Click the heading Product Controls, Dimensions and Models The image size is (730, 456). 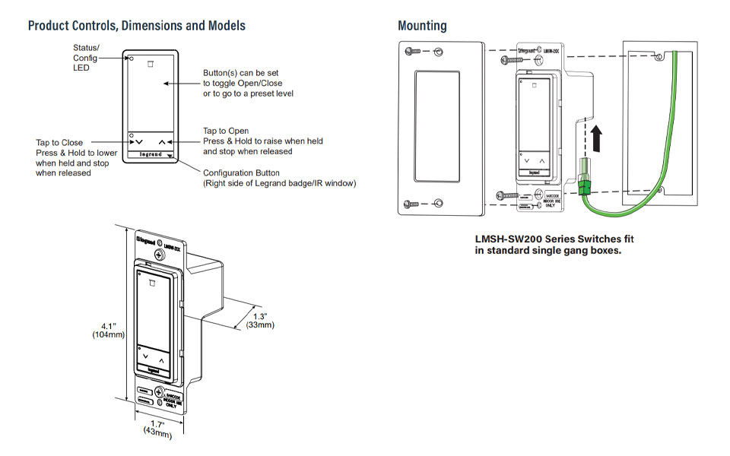pos(137,26)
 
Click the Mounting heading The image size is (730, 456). pos(422,26)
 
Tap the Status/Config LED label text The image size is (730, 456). pos(85,58)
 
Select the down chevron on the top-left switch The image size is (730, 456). pos(138,142)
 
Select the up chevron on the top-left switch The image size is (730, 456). pos(162,142)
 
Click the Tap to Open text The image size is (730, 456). pos(226,131)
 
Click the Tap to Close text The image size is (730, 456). pos(59,143)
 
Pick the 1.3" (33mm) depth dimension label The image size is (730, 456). pos(259,320)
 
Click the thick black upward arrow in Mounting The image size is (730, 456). pos(598,139)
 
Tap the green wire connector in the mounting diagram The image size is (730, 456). pos(586,180)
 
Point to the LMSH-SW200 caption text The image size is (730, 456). pos(554,245)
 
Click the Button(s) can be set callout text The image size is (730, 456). pos(248,83)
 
